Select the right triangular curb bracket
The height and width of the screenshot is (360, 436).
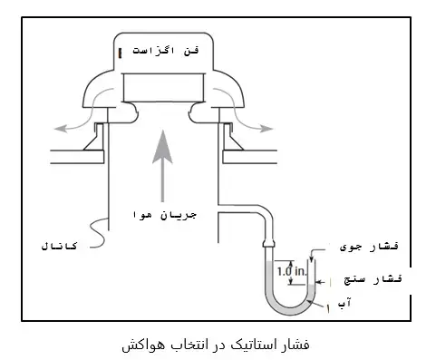point(228,138)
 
